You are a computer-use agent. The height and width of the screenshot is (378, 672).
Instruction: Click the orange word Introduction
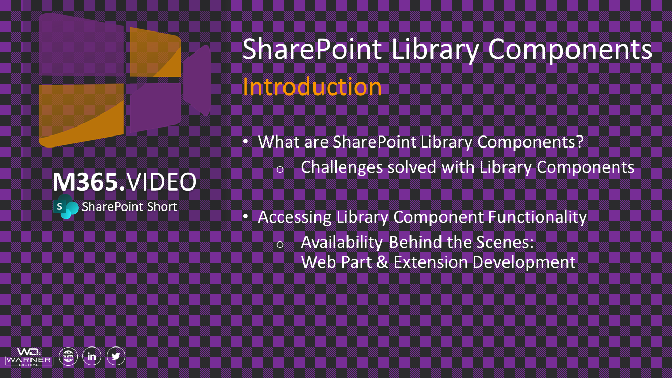point(312,87)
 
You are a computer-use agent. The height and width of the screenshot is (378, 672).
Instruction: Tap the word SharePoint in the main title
point(312,49)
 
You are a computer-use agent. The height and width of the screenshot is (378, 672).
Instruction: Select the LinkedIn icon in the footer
point(92,356)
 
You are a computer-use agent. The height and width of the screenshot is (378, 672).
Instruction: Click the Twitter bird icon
point(116,356)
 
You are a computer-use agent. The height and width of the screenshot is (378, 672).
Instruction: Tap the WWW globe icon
point(68,356)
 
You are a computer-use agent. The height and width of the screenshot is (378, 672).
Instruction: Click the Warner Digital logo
point(29,356)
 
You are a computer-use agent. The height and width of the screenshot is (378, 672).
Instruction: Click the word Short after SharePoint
point(160,207)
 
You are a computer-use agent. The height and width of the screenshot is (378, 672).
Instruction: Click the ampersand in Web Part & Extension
point(382,261)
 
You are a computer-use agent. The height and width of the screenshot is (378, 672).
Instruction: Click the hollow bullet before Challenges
point(280,169)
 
